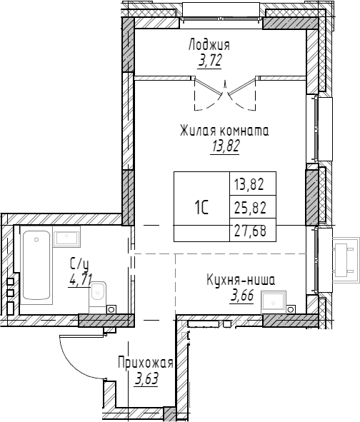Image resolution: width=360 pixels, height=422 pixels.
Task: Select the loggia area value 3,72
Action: [x=209, y=61]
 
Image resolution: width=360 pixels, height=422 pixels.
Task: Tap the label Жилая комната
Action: [x=224, y=131]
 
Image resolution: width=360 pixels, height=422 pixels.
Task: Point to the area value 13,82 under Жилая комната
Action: [x=224, y=146]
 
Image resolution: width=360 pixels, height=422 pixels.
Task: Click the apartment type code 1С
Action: [x=201, y=208]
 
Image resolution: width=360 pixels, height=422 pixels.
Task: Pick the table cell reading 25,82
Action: [x=249, y=208]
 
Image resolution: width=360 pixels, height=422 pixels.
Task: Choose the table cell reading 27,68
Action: [x=249, y=232]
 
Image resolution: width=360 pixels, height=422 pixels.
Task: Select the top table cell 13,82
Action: [x=249, y=184]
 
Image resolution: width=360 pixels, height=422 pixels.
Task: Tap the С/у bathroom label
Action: [x=79, y=263]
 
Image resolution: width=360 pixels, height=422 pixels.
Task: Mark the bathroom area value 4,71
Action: [x=80, y=278]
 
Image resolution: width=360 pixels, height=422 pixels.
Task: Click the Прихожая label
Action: [x=146, y=363]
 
